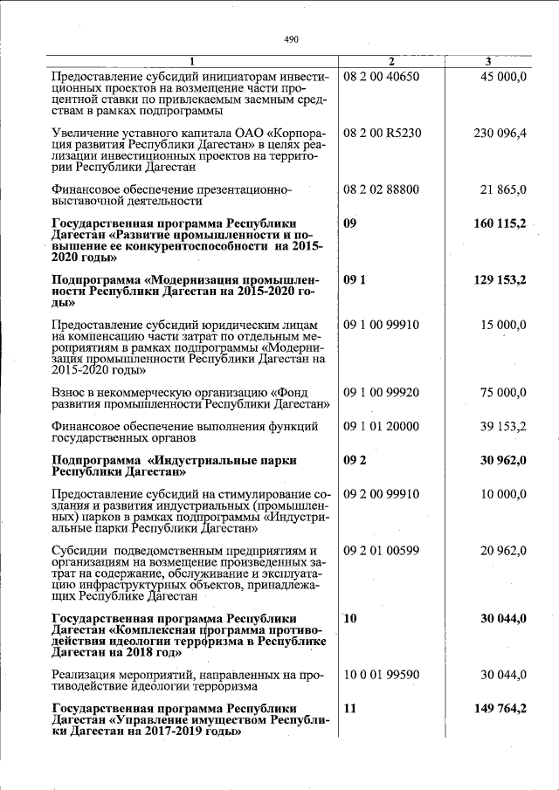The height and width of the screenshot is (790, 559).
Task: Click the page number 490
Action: coord(292,39)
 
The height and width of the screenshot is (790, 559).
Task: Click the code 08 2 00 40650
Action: coord(382,77)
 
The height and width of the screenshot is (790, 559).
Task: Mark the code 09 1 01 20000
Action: coord(382,426)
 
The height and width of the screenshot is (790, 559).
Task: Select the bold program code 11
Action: coord(351,709)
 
